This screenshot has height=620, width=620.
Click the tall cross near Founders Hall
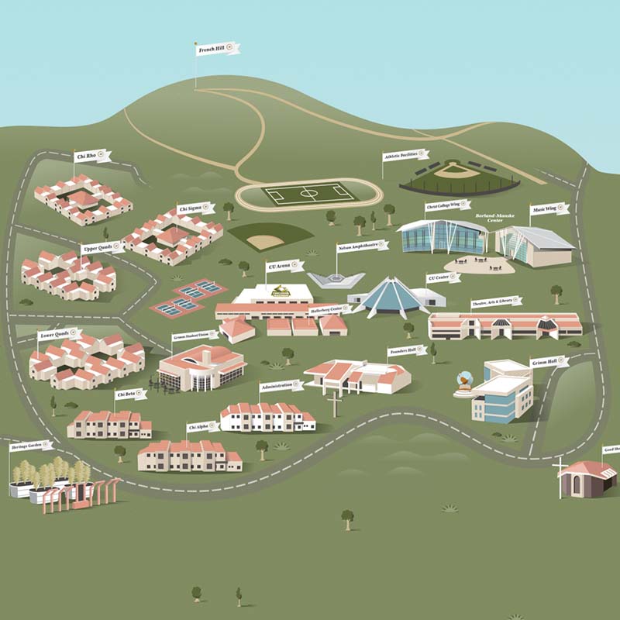pyautogui.click(x=334, y=404)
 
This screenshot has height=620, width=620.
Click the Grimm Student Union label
pyautogui.click(x=195, y=336)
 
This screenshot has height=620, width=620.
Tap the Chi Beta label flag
pyautogui.click(x=130, y=394)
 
